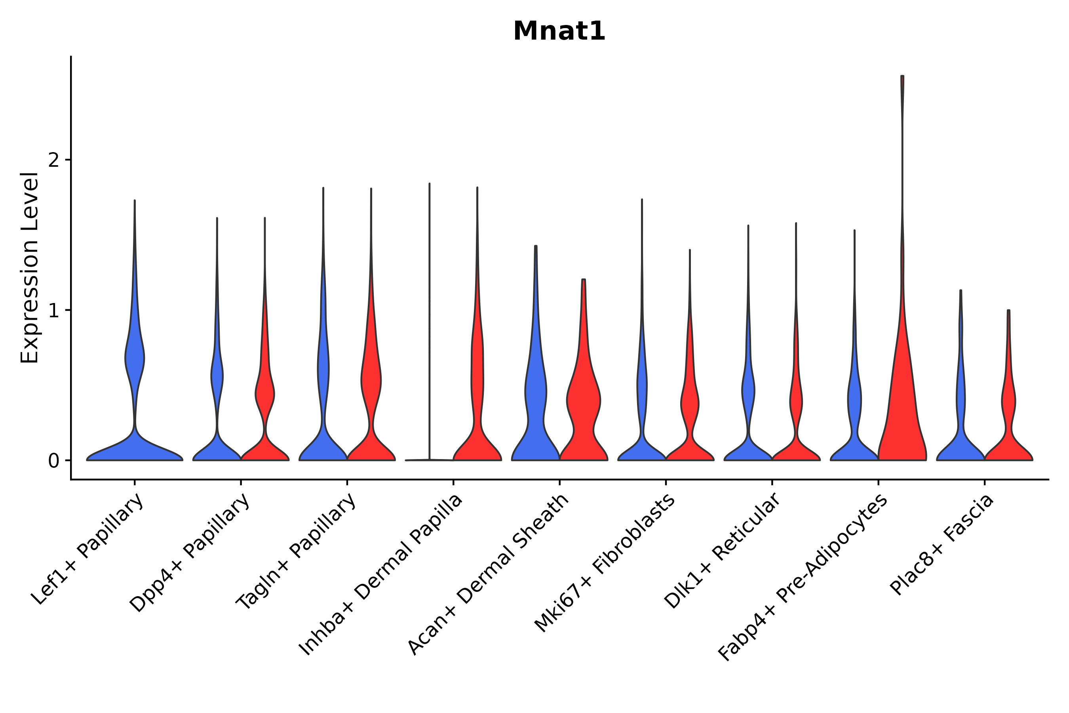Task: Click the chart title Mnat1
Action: tap(559, 32)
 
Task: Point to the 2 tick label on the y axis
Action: tap(53, 160)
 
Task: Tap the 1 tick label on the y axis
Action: tap(53, 311)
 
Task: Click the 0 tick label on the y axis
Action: tap(53, 461)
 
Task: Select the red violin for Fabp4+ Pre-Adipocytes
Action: tap(902, 409)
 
